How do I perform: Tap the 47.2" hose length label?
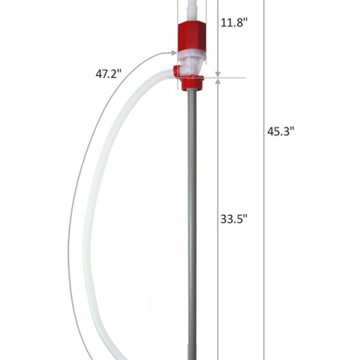[x=109, y=75]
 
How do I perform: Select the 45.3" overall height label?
[x=281, y=131]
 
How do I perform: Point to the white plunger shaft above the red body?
[x=193, y=8]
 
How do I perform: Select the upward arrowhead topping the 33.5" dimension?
[x=218, y=82]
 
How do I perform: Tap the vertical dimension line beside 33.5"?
[x=218, y=180]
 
